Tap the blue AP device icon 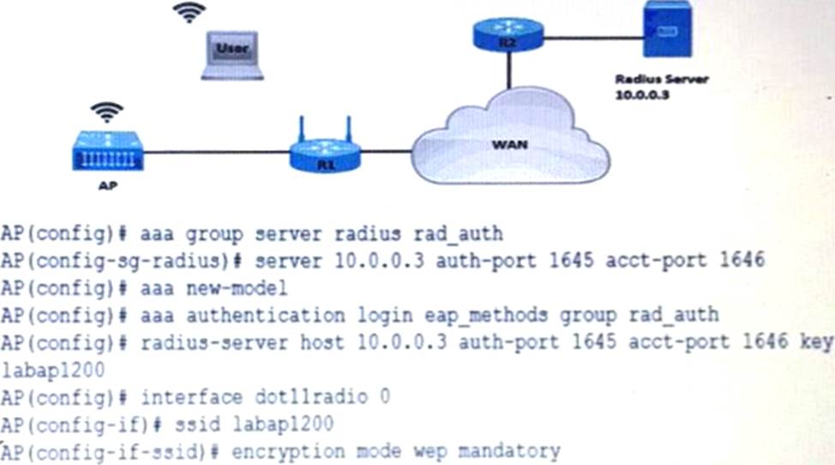[x=107, y=154]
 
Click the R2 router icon [x=508, y=33]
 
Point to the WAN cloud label [x=509, y=145]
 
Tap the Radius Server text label [x=660, y=79]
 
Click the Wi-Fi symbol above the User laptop [x=189, y=12]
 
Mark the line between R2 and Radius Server [x=593, y=37]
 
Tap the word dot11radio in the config [x=318, y=397]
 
